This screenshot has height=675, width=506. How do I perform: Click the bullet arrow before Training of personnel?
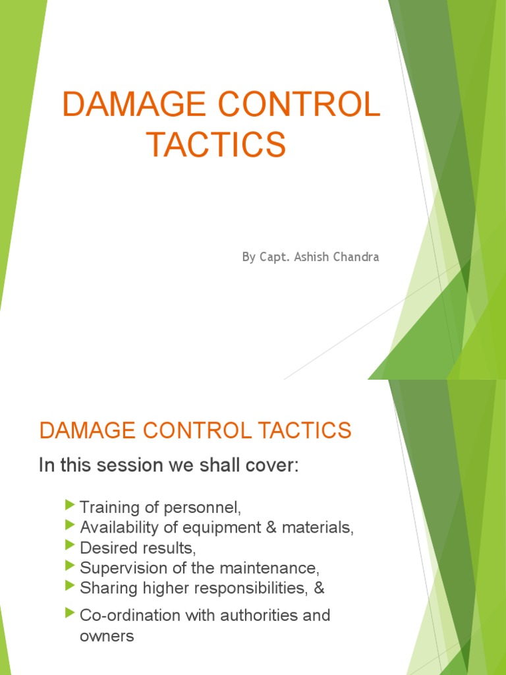click(70, 506)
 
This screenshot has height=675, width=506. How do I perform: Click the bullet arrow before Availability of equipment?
click(70, 526)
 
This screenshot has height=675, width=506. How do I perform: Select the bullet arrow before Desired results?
click(70, 546)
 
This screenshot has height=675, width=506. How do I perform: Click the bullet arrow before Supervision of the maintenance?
click(70, 566)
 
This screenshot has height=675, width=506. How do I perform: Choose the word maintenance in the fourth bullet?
click(279, 568)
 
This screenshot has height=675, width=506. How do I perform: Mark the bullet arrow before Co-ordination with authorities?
click(70, 614)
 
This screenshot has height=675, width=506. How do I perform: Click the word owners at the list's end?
click(107, 636)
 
